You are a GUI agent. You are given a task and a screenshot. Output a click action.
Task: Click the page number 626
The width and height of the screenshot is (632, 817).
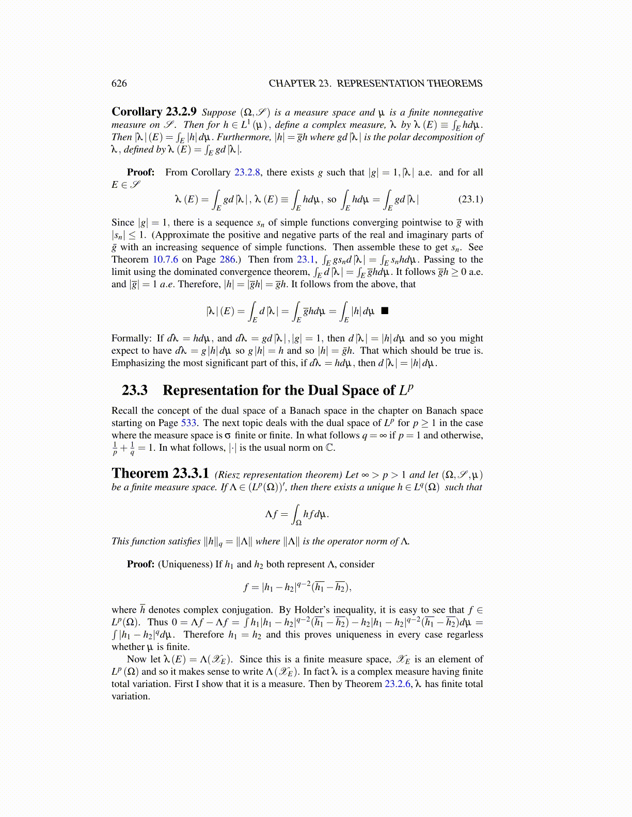tap(119, 84)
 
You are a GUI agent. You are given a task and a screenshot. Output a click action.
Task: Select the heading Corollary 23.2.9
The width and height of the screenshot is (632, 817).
tap(154, 112)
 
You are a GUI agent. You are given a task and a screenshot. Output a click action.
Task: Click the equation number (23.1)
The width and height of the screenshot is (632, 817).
tap(470, 199)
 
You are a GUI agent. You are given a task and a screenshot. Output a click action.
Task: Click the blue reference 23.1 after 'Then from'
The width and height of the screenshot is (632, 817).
tap(305, 259)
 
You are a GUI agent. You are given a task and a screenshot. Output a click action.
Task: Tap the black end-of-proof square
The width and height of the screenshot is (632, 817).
tap(384, 311)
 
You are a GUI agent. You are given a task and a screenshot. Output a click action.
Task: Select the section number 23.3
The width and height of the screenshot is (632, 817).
tap(135, 390)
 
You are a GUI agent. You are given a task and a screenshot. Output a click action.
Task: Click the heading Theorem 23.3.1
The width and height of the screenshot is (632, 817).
tap(160, 473)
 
